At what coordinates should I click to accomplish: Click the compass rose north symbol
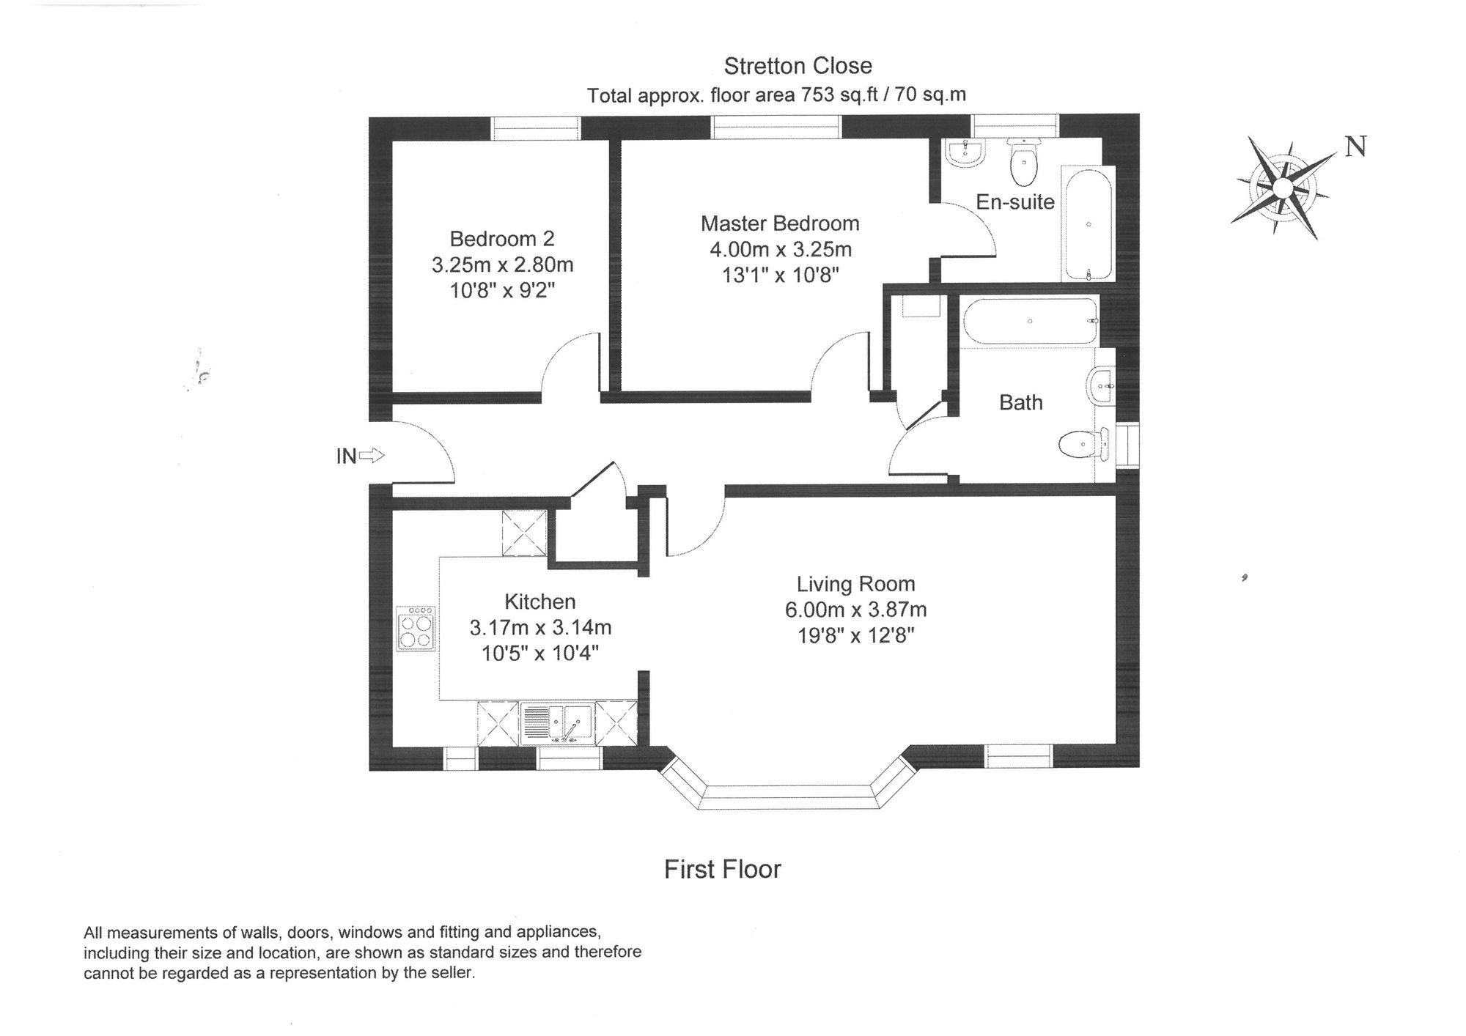coord(1282,188)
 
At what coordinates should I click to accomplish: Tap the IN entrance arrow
coord(372,456)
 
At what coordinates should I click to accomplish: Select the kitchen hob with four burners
coord(416,629)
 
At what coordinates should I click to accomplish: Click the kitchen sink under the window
coord(559,724)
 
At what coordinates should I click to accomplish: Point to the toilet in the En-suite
coord(1023,163)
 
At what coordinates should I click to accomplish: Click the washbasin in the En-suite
coord(965,154)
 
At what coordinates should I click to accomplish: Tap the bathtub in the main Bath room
coord(1031,321)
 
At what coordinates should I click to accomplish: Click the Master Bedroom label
coord(780,223)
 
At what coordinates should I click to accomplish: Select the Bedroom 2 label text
coord(502,239)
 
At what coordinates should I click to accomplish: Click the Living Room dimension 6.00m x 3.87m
coord(855,610)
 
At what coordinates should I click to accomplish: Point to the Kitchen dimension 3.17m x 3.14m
coord(540,628)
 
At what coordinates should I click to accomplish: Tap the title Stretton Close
coord(798,66)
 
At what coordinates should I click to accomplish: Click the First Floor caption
coord(722,869)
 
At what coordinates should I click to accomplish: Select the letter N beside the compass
coord(1355,147)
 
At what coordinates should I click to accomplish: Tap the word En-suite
coord(1015,202)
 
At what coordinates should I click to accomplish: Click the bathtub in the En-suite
coord(1089,224)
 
